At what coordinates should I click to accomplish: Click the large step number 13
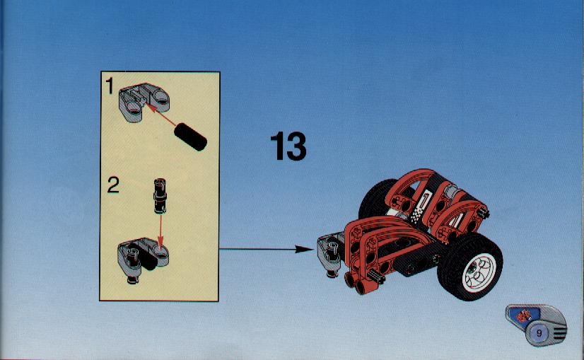point(288,146)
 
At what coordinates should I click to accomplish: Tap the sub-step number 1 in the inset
point(109,86)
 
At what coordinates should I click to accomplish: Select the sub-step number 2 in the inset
point(113,185)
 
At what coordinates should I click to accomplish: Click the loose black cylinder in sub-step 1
point(190,137)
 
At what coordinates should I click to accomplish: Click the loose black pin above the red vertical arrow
point(160,196)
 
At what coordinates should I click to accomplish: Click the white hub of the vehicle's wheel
point(479,271)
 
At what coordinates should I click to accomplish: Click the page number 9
point(539,332)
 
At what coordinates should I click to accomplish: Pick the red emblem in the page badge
point(524,316)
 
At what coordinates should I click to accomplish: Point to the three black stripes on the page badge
point(559,332)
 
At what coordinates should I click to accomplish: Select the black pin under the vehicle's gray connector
point(331,274)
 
